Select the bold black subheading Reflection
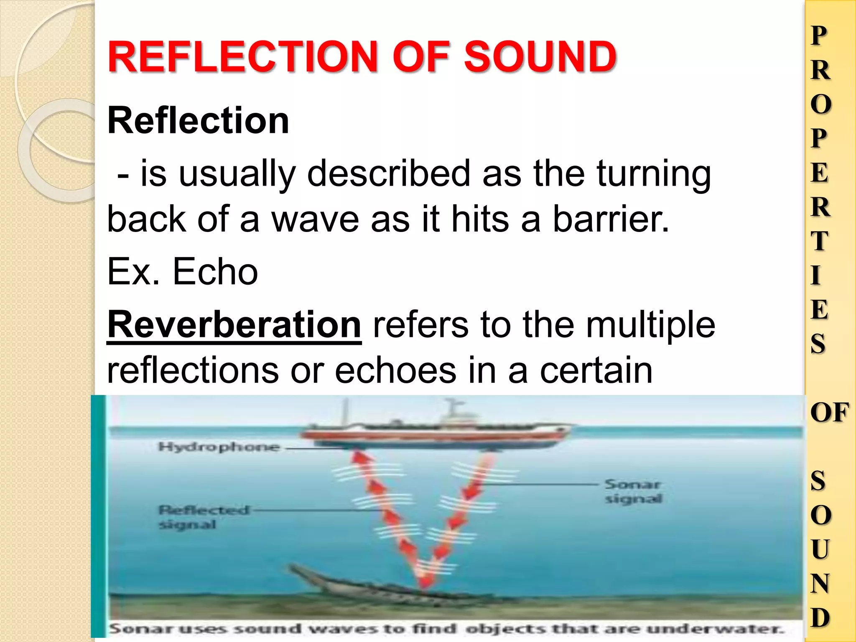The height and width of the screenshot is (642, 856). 198,120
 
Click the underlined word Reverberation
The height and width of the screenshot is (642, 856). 234,325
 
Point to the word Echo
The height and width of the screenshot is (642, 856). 215,272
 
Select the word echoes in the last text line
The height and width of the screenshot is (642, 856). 395,370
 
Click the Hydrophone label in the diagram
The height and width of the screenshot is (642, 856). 219,447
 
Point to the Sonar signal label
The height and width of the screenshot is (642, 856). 633,492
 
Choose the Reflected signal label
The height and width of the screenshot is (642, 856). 203,517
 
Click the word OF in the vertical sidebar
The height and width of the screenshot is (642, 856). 829,413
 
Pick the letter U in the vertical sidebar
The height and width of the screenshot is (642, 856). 820,549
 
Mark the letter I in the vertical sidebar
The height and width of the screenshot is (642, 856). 816,275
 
